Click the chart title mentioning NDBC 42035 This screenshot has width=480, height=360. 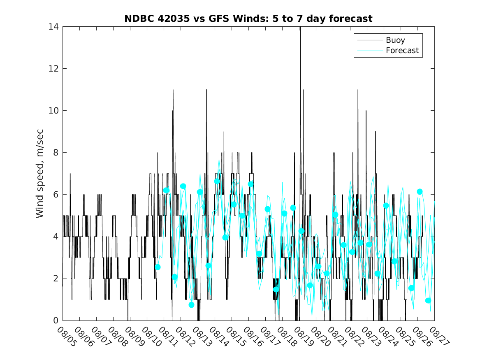pos(248,19)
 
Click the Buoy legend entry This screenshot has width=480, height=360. pos(395,40)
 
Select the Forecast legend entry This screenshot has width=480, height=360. pos(402,50)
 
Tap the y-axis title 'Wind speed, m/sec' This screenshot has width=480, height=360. pos(40,173)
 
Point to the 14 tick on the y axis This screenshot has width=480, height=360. pos(53,27)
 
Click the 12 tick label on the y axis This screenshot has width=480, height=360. pos(53,69)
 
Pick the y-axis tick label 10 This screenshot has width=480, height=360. pos(53,111)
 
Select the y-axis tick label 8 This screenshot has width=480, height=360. pos(56,153)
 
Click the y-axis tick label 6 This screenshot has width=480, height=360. pos(56,195)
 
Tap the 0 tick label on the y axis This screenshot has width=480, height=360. pos(56,321)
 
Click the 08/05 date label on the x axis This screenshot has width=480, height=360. pos(67,337)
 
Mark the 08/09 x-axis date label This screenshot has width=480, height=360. pos(134,337)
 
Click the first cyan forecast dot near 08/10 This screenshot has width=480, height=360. pos(158,267)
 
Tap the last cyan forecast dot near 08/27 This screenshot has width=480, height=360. pos(428,300)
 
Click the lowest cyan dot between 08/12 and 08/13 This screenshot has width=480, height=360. pos(191,304)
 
